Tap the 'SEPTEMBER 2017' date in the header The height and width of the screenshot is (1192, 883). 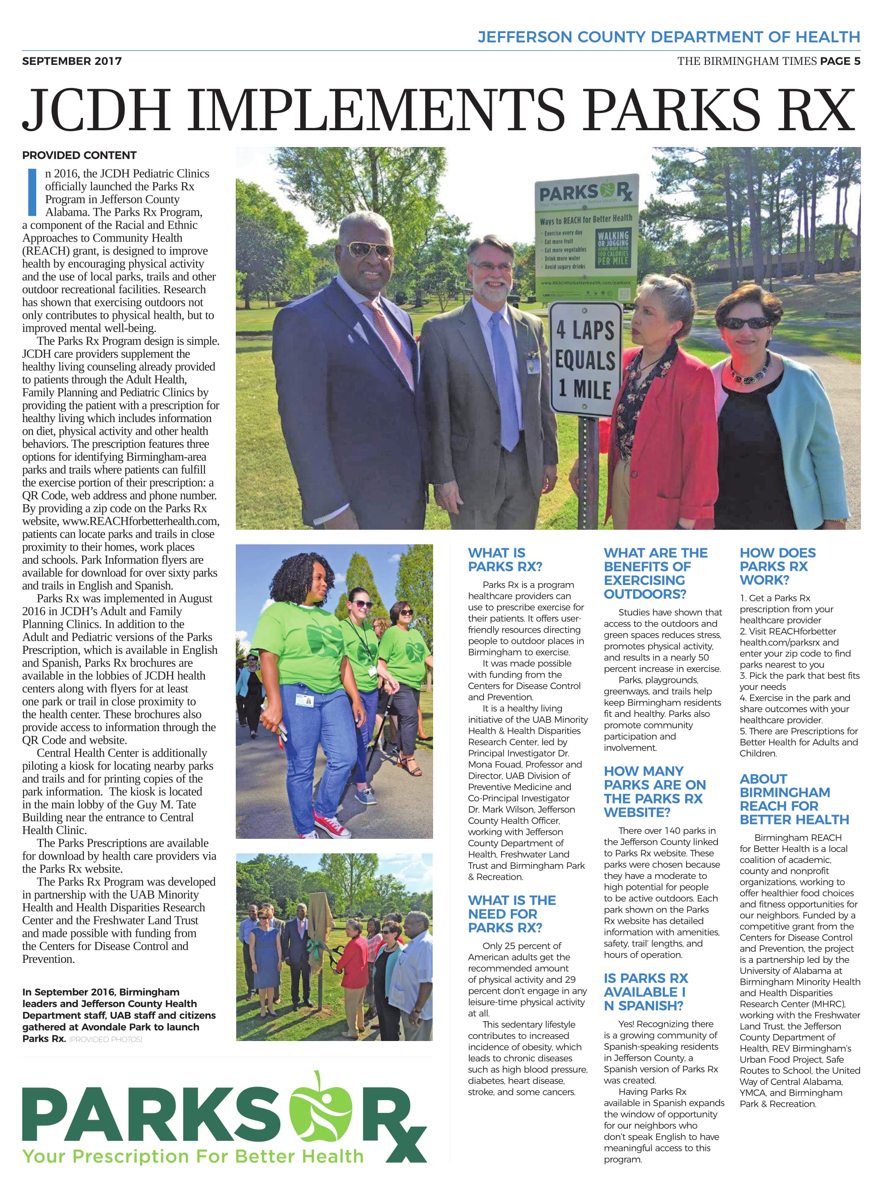(72, 61)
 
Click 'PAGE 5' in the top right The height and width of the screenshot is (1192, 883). (840, 61)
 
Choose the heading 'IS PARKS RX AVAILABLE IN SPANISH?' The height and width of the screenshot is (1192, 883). (645, 992)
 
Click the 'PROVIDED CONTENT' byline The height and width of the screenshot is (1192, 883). (79, 155)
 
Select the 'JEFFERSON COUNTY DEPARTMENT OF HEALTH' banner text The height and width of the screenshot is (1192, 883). (668, 37)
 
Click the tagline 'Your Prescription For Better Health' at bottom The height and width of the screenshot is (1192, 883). (192, 1156)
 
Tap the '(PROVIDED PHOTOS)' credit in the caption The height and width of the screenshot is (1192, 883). (106, 1040)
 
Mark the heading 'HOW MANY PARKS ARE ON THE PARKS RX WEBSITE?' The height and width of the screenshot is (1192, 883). (654, 792)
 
